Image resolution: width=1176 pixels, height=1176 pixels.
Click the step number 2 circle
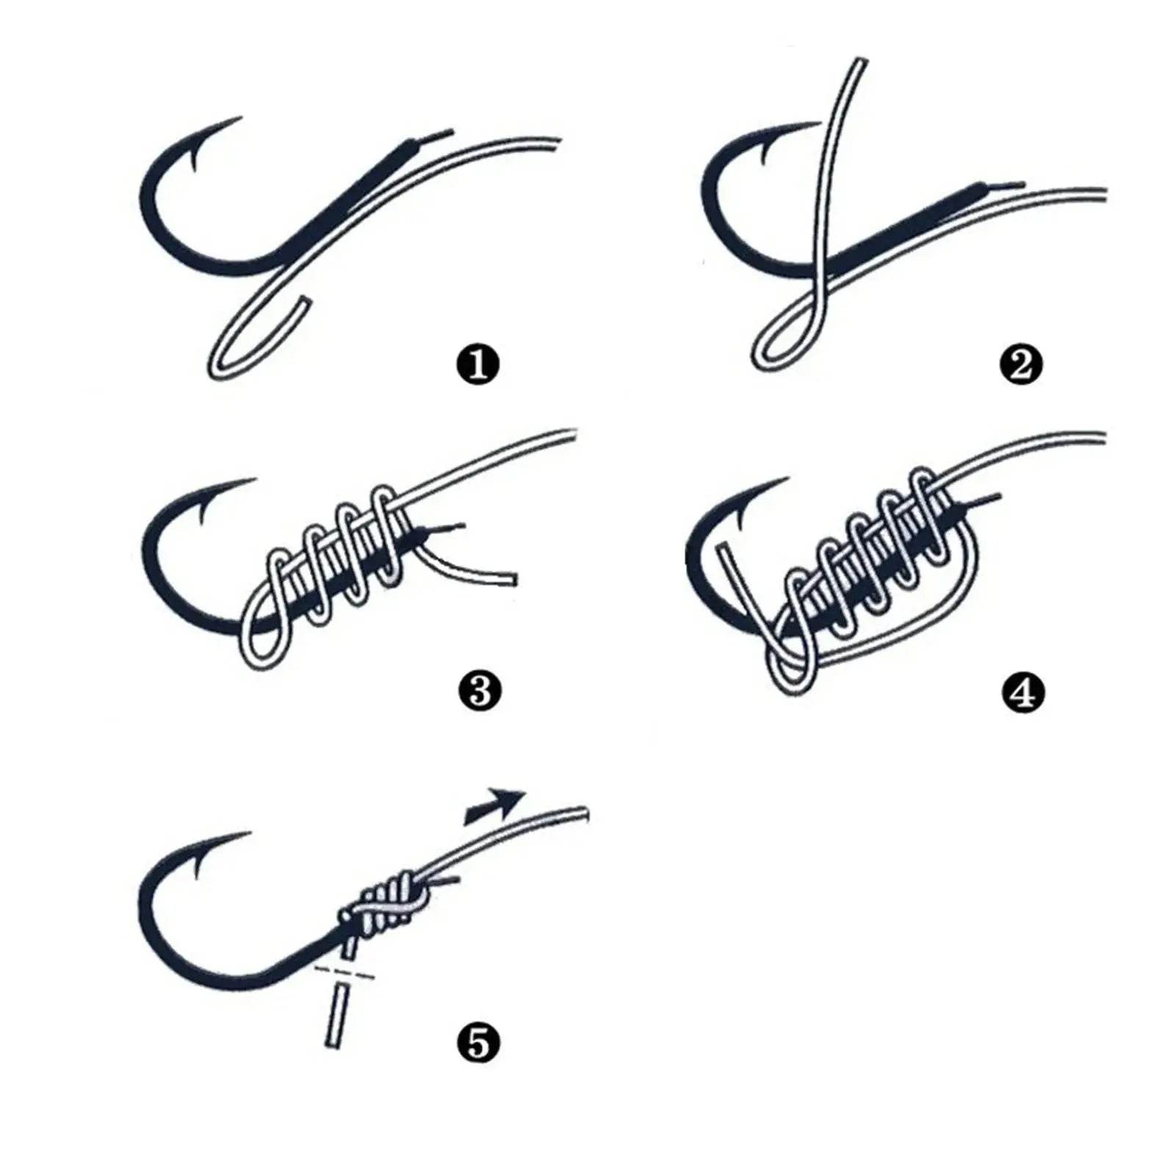click(1021, 365)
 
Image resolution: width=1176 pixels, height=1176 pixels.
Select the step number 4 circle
click(1022, 692)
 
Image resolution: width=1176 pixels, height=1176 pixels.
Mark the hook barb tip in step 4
click(787, 481)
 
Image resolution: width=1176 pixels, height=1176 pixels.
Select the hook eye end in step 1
click(448, 134)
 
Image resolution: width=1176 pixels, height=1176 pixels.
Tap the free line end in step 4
click(723, 548)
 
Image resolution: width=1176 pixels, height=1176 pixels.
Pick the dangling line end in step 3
click(512, 580)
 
